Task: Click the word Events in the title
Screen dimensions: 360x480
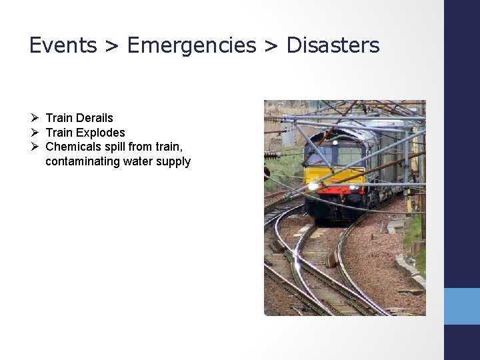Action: point(63,45)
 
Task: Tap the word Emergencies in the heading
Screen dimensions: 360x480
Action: point(191,45)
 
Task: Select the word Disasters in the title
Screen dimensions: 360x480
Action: point(333,45)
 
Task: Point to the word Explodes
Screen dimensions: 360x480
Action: point(100,133)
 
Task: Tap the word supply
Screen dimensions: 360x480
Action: point(174,161)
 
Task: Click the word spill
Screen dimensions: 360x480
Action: point(118,147)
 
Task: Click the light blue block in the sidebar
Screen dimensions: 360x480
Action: point(462,306)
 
